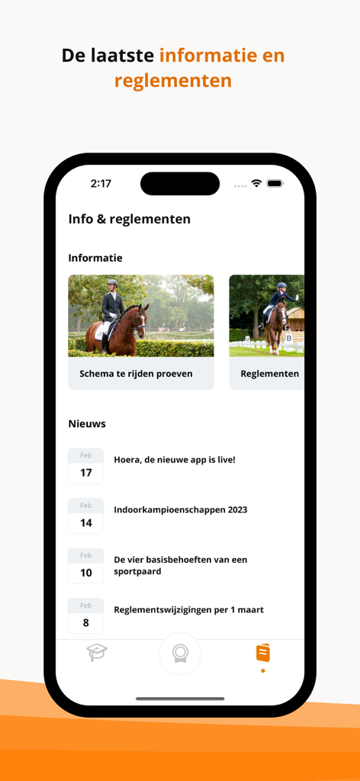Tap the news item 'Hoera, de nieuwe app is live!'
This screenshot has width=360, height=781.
pos(175,460)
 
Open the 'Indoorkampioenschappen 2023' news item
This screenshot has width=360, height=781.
pos(180,510)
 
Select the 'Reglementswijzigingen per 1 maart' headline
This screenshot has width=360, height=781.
pos(188,610)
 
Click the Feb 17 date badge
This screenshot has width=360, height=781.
pos(85,466)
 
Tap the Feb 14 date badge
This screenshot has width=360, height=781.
pos(85,516)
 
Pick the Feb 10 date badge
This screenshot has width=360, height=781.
pos(85,566)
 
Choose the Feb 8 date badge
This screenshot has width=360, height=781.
pos(85,616)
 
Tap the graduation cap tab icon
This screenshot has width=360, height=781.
pos(97,653)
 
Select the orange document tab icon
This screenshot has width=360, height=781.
pos(263,653)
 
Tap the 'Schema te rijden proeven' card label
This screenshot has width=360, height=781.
pos(136,374)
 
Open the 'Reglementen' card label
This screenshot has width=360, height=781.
pos(269,374)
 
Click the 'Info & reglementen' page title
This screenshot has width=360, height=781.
pos(130,219)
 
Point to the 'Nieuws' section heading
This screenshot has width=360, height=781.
pos(87,423)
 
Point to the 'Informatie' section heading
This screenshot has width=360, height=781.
pos(95,258)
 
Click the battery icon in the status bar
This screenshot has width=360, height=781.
pos(275,184)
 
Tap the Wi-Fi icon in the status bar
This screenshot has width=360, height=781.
pos(256,184)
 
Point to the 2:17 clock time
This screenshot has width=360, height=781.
pos(101,184)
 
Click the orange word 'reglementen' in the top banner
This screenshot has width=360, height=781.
pos(173,80)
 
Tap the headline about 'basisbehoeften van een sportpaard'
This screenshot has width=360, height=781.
pos(180,565)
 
